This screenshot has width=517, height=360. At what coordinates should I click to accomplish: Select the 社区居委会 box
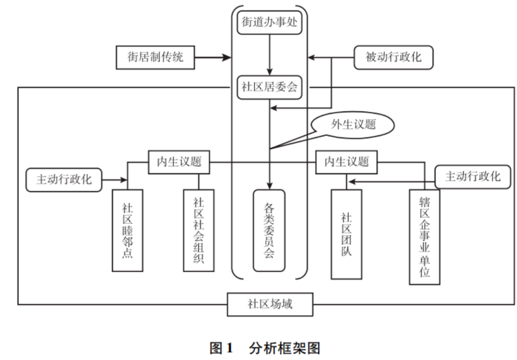click(x=270, y=86)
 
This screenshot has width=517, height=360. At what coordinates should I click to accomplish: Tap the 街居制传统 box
click(x=155, y=57)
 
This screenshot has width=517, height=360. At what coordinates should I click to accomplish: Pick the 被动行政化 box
click(x=394, y=57)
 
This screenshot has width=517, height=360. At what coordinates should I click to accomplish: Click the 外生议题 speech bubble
click(x=352, y=124)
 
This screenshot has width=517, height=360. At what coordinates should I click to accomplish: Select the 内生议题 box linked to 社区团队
click(x=346, y=162)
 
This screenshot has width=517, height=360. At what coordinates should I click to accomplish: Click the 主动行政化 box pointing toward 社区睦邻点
click(x=64, y=179)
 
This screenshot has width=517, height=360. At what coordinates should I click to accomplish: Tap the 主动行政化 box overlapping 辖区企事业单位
click(x=472, y=176)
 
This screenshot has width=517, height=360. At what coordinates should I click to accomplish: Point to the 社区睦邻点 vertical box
click(x=127, y=230)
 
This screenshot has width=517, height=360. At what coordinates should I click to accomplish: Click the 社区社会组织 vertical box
click(x=198, y=230)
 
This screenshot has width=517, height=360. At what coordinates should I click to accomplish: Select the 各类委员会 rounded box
click(x=270, y=230)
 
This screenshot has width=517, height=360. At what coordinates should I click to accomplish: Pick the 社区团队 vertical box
click(x=346, y=234)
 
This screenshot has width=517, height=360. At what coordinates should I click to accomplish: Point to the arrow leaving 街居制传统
click(x=212, y=57)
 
